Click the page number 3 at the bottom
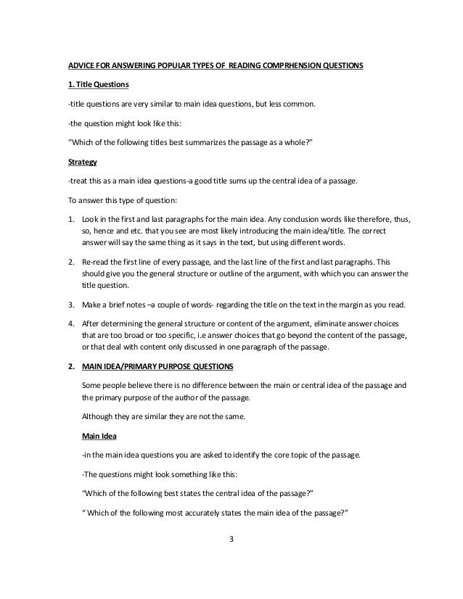click(231, 540)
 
